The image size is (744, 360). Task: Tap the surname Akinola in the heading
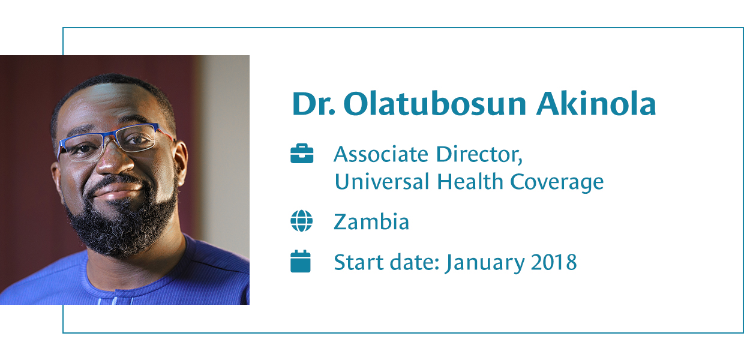pos(596,104)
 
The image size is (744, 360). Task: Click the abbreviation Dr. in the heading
pos(314,104)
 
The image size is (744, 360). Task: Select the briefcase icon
pos(302,154)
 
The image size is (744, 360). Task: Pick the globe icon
pos(302,221)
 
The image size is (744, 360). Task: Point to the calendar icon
pos(301,262)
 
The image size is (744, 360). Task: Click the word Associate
pos(381,154)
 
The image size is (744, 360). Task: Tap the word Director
pos(479,154)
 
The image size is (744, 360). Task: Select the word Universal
pos(382,181)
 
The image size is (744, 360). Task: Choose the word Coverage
pos(557,182)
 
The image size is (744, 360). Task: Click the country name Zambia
pos(371,221)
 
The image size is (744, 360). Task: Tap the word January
pos(485,263)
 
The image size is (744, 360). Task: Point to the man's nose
pos(114,160)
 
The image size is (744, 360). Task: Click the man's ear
pos(181,163)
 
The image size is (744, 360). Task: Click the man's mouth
pos(118,193)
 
